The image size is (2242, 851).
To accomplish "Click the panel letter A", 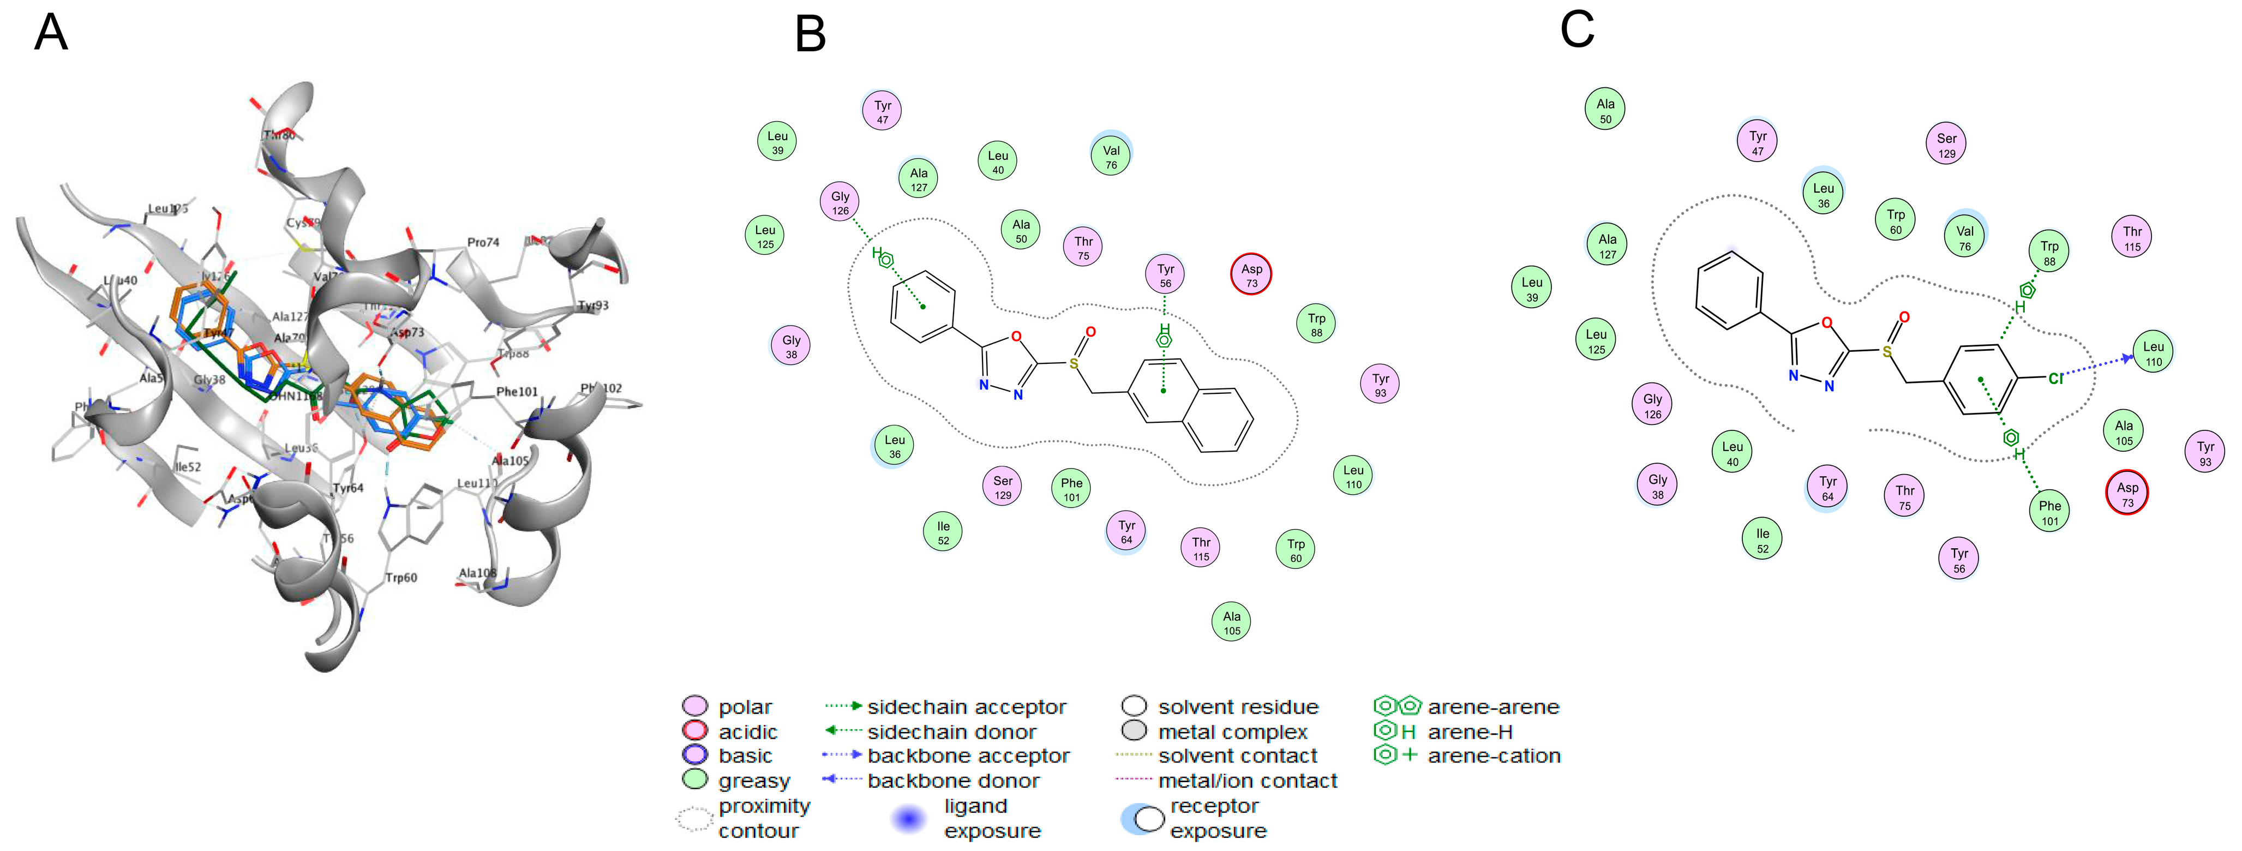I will pos(51,33).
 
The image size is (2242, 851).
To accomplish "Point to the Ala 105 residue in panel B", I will pos(1232,622).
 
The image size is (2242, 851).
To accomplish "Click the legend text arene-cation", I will pos(1494,756).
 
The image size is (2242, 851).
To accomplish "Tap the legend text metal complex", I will pos(1232,732).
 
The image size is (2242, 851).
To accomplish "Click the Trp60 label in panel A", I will pos(401,577).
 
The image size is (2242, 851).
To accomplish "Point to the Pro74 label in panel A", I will pos(483,242).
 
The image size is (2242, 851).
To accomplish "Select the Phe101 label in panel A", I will pos(517,392).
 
